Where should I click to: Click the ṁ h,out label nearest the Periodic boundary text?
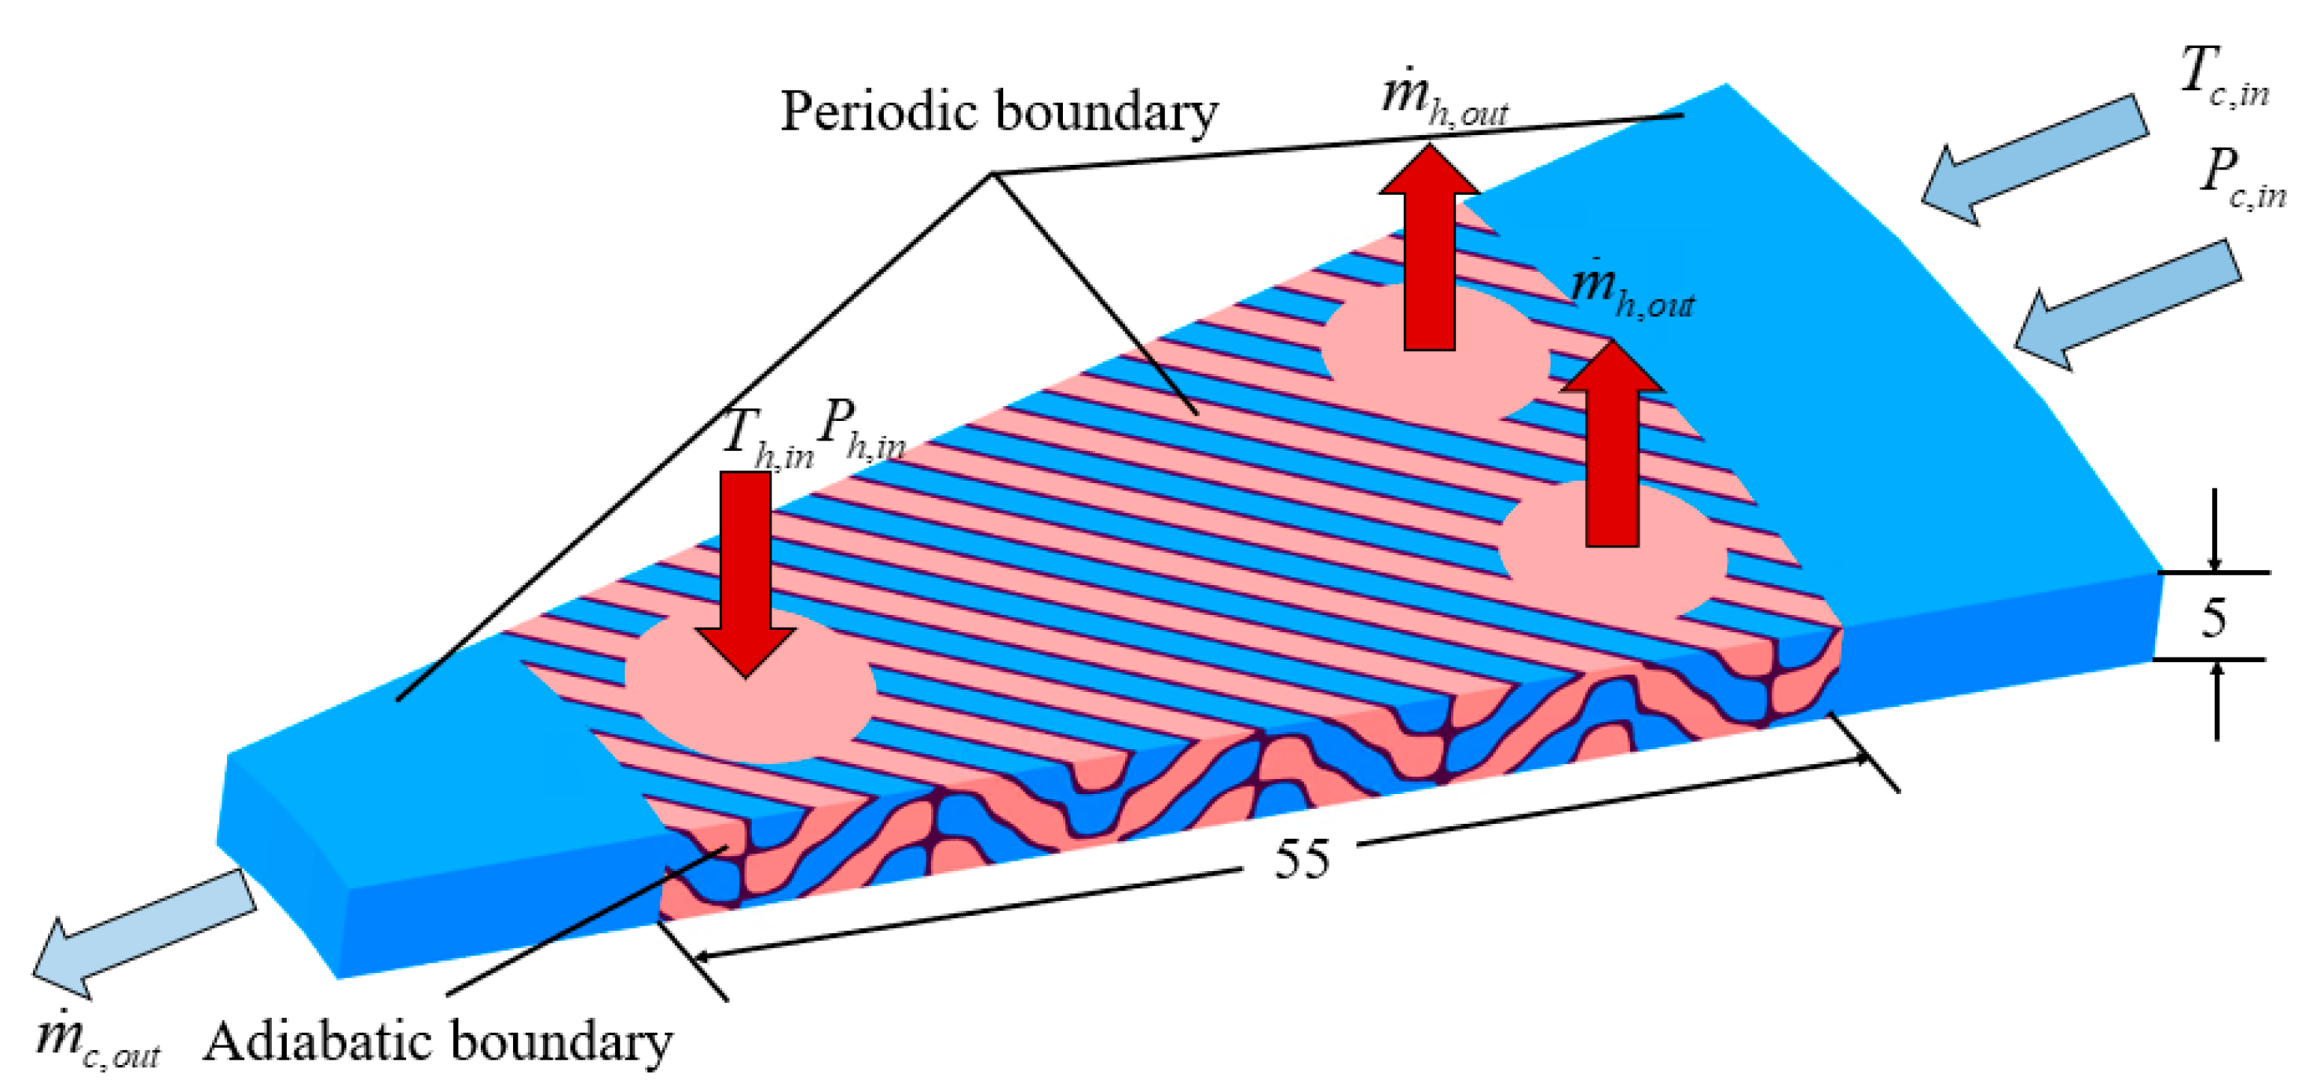(1442, 97)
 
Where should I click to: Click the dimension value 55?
(1301, 858)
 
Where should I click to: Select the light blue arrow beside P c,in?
(2127, 303)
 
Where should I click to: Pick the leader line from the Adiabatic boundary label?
(584, 921)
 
